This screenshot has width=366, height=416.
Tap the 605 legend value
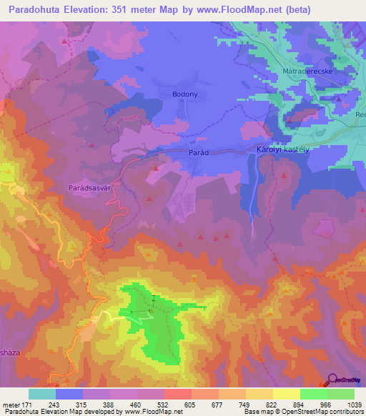(x=191, y=404)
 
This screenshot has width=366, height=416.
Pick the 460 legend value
(x=137, y=404)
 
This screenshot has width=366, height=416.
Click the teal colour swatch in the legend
(x=42, y=394)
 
